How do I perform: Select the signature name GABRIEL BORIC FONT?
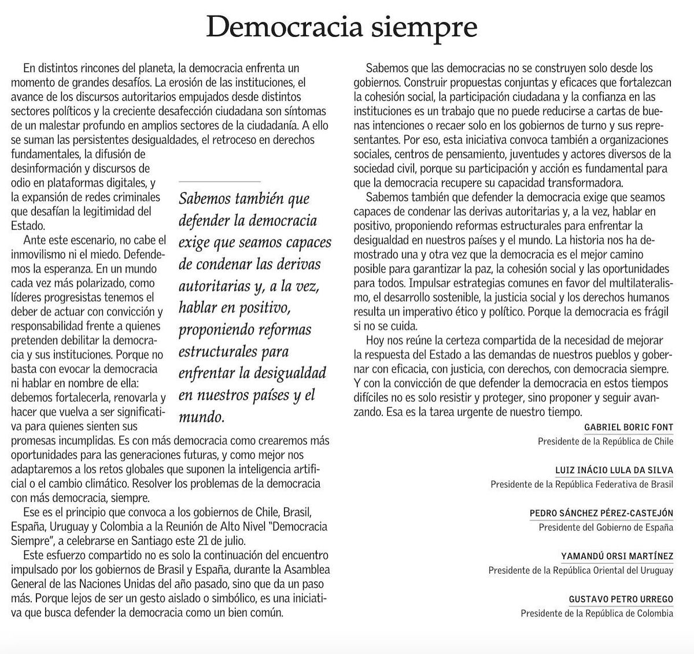point(629,428)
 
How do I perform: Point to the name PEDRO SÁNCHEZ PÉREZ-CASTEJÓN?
point(601,513)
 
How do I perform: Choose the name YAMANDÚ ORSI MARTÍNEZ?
point(617,556)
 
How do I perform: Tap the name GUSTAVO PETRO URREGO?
point(621,599)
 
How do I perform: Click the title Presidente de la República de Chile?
point(606,441)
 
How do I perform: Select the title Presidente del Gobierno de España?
point(606,527)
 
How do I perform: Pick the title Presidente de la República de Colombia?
point(597,613)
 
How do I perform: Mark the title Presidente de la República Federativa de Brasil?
point(582,484)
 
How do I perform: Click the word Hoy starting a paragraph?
point(376,340)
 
